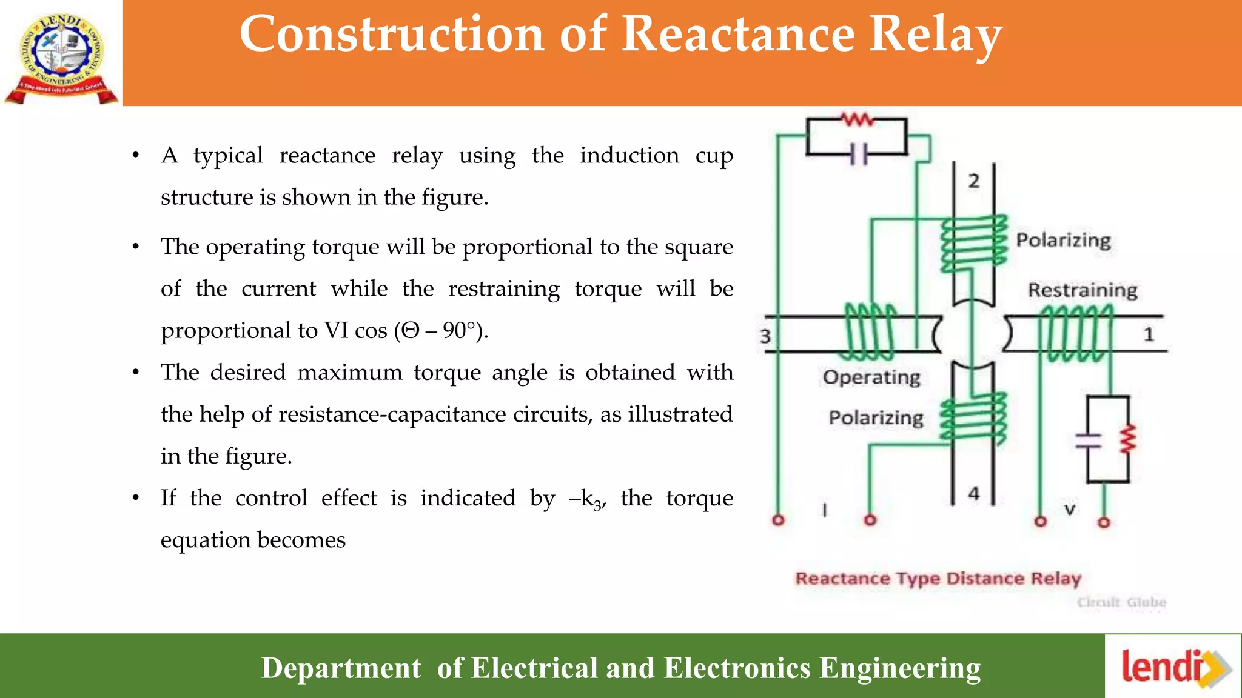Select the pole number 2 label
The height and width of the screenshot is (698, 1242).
(x=974, y=181)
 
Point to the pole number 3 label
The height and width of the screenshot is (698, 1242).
(x=765, y=336)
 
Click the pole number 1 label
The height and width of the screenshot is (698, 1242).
(x=1149, y=334)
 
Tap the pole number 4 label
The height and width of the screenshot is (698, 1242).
(x=974, y=494)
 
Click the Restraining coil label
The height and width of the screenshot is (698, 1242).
(x=1083, y=290)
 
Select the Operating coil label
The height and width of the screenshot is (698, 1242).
(x=871, y=377)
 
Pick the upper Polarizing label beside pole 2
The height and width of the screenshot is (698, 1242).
(x=1063, y=240)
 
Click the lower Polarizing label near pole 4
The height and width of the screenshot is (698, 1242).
(x=876, y=418)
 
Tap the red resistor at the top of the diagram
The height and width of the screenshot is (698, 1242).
(x=857, y=119)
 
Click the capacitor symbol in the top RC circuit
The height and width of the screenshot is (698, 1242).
(x=859, y=155)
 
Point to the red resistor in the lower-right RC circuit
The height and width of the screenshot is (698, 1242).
(x=1127, y=439)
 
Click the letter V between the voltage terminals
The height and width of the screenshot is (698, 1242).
(x=1070, y=510)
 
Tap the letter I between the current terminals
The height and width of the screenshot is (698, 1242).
(x=824, y=510)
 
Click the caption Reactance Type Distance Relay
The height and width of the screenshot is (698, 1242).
(x=938, y=579)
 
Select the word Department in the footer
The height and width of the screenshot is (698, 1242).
(x=341, y=668)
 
